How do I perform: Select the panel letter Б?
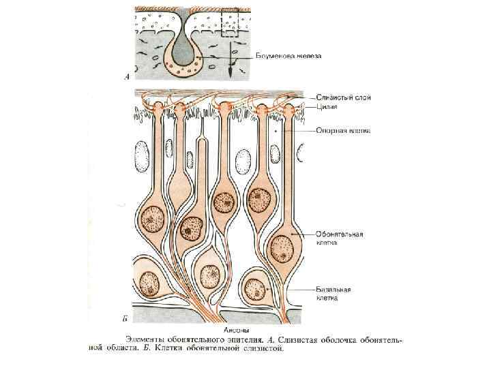124,318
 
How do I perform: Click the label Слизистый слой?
344,97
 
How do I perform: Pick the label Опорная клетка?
343,130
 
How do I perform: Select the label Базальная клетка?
333,292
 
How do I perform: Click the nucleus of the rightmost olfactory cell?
282,247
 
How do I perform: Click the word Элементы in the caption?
145,339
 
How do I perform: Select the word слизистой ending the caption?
261,348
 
